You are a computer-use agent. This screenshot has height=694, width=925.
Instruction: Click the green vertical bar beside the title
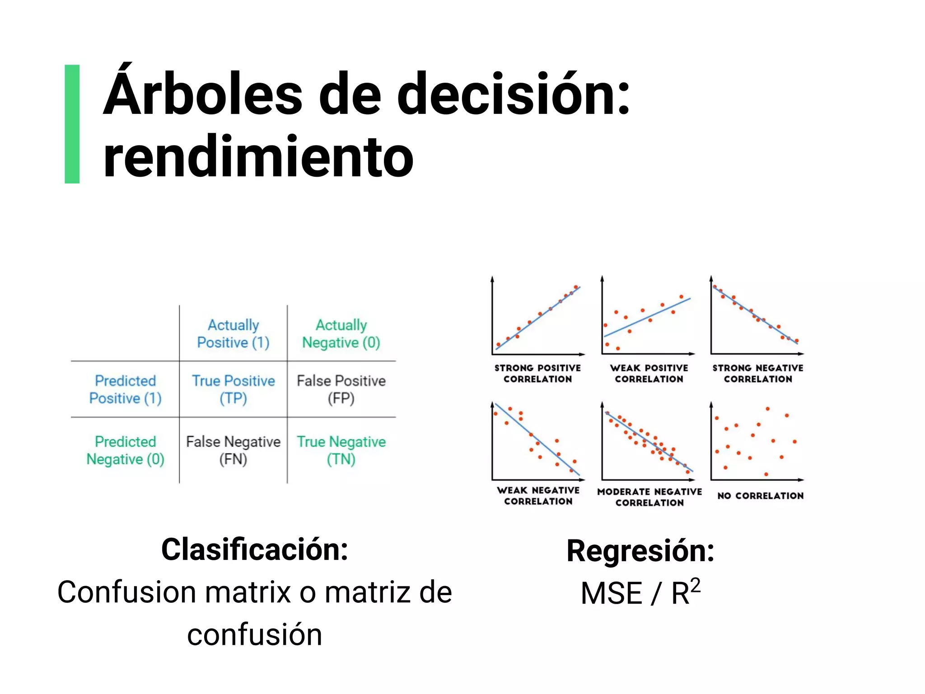coord(72,124)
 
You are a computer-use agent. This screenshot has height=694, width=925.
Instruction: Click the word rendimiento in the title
coord(258,157)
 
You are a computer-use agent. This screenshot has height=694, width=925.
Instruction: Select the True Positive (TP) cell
coord(233,389)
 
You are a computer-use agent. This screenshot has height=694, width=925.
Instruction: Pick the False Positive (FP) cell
coord(341,389)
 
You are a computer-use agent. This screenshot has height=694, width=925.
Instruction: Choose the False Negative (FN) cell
coord(233,450)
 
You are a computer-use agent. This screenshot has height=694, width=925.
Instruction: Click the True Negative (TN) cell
coord(341,450)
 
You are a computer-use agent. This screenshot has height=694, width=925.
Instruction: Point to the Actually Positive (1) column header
coord(233,333)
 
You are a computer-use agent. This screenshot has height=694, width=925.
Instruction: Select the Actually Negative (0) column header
coord(341,333)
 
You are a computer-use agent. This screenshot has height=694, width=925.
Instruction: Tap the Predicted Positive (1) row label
coord(125,389)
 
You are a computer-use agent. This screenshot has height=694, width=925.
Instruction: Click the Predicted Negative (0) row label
coord(125,450)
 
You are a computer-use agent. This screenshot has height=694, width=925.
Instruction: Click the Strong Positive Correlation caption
coord(537,374)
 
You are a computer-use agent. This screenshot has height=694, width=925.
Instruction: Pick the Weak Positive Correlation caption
coord(649,374)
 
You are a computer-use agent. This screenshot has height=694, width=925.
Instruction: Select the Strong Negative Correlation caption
coord(758,374)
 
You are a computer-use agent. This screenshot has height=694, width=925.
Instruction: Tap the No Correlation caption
coord(761,496)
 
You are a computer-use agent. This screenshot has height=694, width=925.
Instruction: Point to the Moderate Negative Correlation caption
coord(649,497)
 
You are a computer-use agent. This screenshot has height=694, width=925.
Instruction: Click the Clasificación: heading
coord(255,550)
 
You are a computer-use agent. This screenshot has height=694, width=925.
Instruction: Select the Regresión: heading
coord(640,551)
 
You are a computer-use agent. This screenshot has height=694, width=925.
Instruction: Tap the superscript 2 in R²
coord(695,585)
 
